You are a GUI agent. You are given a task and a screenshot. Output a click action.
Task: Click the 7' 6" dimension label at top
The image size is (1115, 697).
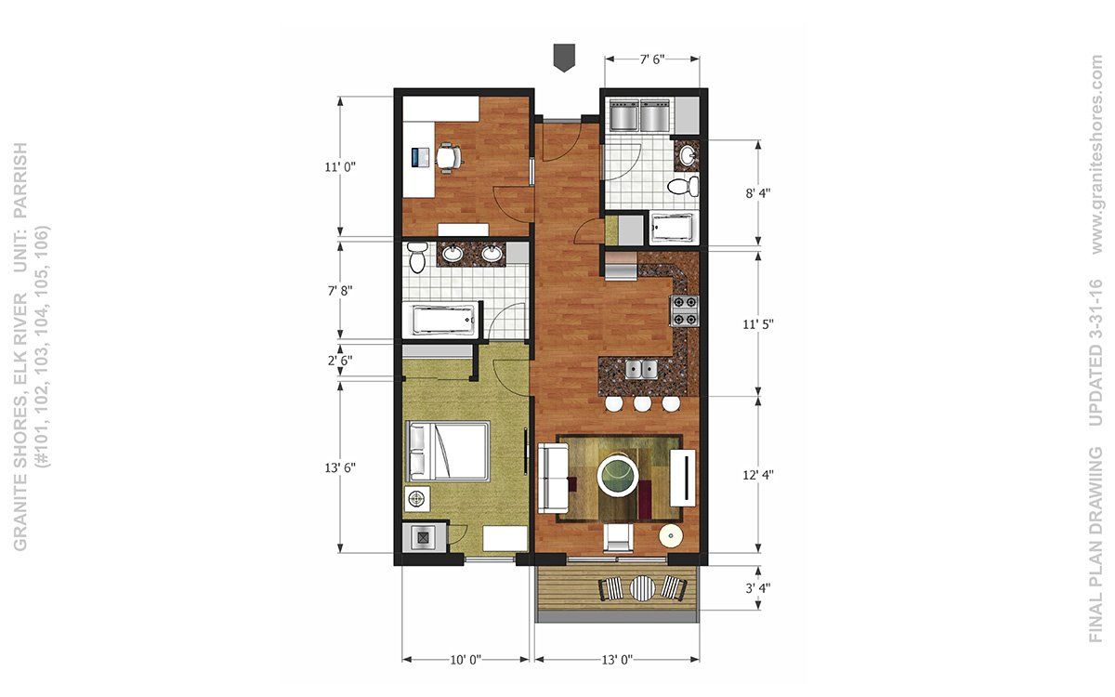pyautogui.click(x=652, y=59)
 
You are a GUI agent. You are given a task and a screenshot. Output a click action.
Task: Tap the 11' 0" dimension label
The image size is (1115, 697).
pyautogui.click(x=340, y=166)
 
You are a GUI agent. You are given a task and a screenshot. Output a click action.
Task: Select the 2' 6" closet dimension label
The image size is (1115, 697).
pyautogui.click(x=340, y=360)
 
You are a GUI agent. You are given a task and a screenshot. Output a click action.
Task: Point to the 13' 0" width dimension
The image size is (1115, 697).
pyautogui.click(x=617, y=660)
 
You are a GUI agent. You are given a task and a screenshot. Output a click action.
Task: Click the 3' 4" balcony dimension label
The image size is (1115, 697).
pyautogui.click(x=758, y=588)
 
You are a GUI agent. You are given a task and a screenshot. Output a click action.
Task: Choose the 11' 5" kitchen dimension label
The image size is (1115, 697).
pyautogui.click(x=758, y=324)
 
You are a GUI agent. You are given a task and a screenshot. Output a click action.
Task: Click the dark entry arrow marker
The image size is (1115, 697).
pyautogui.click(x=565, y=58)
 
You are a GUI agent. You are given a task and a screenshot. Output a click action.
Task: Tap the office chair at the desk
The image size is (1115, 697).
pyautogui.click(x=450, y=157)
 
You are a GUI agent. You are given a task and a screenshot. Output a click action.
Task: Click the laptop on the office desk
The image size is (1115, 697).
pyautogui.click(x=421, y=157)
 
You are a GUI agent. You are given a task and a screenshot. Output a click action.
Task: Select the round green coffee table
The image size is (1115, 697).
pyautogui.click(x=617, y=476)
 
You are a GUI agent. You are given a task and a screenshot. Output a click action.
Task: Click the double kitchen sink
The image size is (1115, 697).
pyautogui.click(x=642, y=370)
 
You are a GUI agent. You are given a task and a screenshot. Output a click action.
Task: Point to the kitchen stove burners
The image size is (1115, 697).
pyautogui.click(x=686, y=310)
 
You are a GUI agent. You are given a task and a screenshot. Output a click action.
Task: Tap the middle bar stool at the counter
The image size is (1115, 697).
pyautogui.click(x=642, y=403)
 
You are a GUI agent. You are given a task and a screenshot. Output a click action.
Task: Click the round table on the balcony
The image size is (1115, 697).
pyautogui.click(x=643, y=588)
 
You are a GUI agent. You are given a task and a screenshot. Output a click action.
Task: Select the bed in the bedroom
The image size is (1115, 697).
pyautogui.click(x=447, y=451)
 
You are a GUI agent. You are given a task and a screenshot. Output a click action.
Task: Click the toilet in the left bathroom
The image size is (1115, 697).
pyautogui.click(x=416, y=256)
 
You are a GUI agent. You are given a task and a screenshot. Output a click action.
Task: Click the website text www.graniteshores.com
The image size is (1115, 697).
pyautogui.click(x=1096, y=154)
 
